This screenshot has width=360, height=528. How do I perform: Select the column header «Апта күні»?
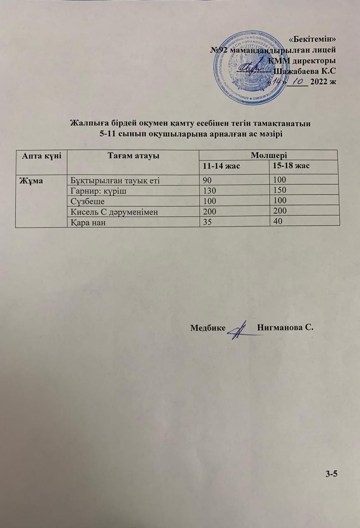40,155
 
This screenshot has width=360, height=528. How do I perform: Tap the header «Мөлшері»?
268,155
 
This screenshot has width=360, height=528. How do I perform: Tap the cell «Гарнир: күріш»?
92,190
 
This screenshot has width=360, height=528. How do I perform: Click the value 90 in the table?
206,180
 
